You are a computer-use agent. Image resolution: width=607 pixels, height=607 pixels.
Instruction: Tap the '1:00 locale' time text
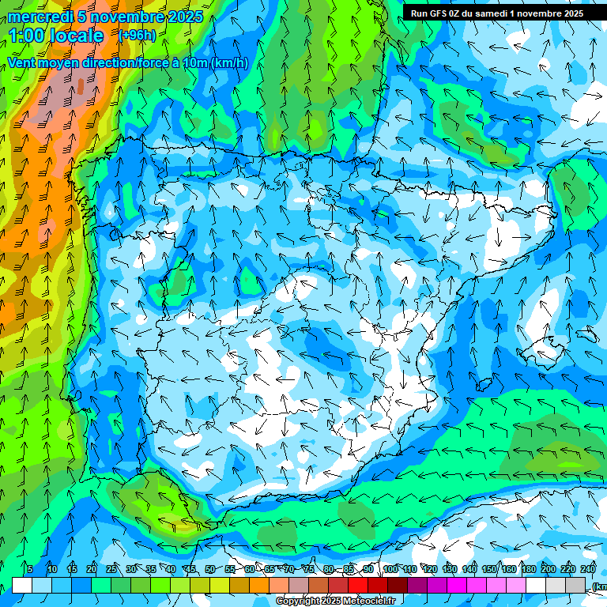56,36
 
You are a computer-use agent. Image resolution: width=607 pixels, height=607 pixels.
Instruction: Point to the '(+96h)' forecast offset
137,35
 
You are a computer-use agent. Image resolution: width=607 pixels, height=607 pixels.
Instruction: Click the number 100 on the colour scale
390,569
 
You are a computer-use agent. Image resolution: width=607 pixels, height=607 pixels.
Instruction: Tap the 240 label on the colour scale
588,569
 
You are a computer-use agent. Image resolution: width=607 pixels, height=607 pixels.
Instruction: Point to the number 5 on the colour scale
30,569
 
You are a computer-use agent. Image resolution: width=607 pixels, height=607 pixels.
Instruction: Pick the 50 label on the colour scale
210,569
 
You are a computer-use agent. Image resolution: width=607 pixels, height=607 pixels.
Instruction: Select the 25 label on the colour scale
111,569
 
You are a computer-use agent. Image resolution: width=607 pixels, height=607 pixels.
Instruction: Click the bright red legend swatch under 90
358,586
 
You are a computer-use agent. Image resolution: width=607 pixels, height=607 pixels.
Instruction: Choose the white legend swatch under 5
22,586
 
